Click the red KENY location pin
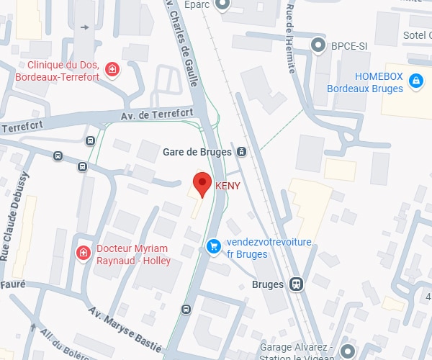coord(202,184)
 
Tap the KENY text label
coord(228,185)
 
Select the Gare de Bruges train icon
coord(242,152)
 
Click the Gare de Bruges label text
coord(197,152)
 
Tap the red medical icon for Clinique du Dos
coord(112,69)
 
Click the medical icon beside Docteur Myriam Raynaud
coord(84,253)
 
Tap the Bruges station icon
coord(296,284)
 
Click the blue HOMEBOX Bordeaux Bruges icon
coord(415,81)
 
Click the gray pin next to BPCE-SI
coord(318,46)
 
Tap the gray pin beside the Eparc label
coord(222,4)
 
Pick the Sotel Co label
coord(416,36)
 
